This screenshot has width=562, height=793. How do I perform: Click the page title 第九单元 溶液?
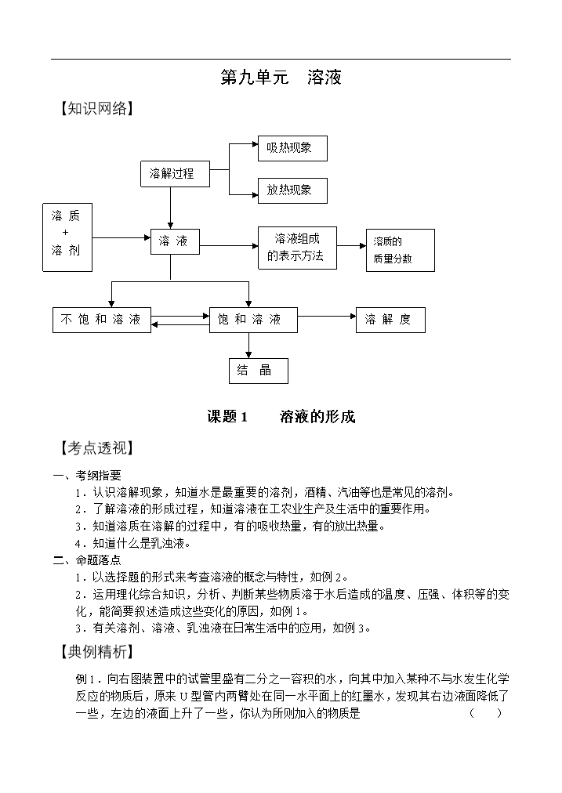[281, 78]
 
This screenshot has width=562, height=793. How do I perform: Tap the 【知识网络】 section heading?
[96, 108]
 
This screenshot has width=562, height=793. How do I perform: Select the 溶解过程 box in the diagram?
[175, 174]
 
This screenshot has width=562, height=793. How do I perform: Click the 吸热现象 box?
[292, 148]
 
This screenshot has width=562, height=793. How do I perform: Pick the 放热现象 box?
[292, 190]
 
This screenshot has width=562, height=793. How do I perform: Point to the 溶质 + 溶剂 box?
[67, 237]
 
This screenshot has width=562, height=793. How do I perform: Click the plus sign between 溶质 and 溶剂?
[65, 233]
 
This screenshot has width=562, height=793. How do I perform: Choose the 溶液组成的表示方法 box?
[297, 248]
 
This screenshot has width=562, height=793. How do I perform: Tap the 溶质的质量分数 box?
[400, 250]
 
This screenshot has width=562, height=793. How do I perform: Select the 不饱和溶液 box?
[102, 320]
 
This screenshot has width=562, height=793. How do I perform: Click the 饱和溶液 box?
[253, 320]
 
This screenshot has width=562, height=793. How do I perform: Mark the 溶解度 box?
[390, 320]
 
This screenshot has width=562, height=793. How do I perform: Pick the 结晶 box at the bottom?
[259, 371]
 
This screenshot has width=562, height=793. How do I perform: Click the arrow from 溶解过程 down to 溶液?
[170, 208]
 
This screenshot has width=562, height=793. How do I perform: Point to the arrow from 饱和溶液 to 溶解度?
[327, 316]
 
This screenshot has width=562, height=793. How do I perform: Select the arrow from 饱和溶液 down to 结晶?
[249, 346]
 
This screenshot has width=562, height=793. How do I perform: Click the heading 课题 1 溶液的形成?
[281, 417]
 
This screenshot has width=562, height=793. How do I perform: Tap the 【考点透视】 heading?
[96, 448]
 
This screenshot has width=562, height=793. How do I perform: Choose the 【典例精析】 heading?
[96, 651]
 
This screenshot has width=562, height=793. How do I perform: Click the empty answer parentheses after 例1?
[486, 713]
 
